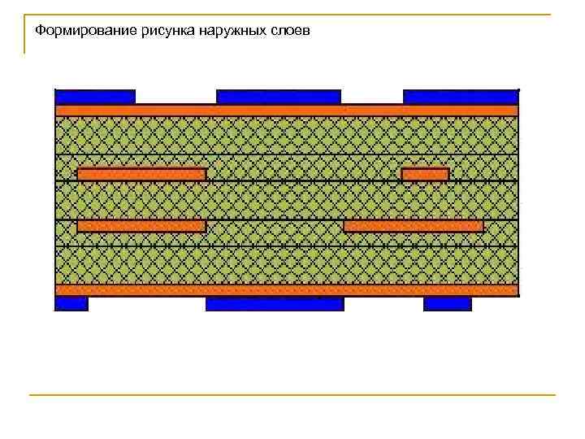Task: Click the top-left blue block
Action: click(95, 97)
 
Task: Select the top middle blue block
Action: click(279, 97)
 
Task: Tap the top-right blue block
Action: click(460, 97)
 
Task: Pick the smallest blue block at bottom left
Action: click(71, 304)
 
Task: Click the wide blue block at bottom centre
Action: click(275, 304)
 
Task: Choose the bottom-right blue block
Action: click(447, 304)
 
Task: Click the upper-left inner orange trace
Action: click(141, 174)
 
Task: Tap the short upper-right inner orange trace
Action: click(425, 174)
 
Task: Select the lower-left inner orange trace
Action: click(141, 226)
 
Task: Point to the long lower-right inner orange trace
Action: click(414, 226)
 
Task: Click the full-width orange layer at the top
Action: click(286, 111)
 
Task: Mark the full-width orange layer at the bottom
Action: click(286, 290)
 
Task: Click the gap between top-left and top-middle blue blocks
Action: click(175, 97)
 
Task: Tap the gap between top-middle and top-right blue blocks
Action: click(372, 97)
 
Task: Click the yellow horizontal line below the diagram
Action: click(292, 395)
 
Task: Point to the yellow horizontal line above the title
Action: click(292, 15)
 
